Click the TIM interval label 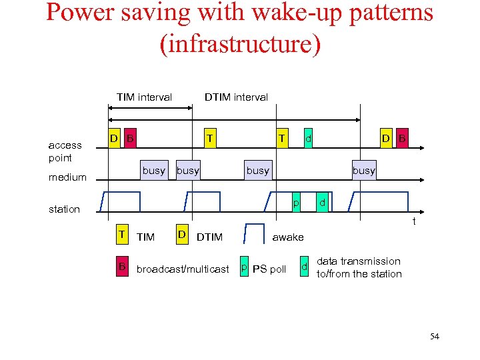[144, 97]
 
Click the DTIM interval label [236, 97]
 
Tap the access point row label [65, 151]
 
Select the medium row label [67, 177]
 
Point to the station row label [64, 209]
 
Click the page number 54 [435, 337]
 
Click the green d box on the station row [322, 201]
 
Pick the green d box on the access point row [308, 138]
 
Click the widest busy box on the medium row [258, 170]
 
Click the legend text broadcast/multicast [183, 269]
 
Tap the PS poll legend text [269, 269]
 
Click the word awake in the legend [288, 237]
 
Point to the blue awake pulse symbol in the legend [254, 233]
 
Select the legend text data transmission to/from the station [359, 267]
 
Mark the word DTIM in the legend [210, 237]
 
